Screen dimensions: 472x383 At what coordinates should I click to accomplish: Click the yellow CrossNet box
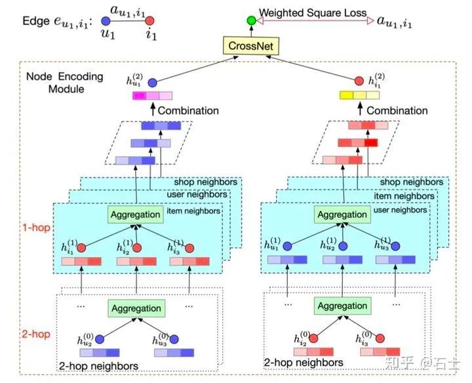251,46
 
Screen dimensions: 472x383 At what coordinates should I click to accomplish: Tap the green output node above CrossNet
251,20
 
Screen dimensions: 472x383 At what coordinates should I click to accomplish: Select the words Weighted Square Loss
313,12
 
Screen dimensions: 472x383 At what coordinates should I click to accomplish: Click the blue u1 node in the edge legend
106,21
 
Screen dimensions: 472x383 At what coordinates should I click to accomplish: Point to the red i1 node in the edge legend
149,21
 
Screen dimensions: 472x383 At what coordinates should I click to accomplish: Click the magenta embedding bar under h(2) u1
153,96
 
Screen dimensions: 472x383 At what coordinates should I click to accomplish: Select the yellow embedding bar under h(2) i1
359,95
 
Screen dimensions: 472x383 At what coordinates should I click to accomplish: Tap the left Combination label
188,110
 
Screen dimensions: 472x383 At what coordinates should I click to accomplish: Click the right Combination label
397,110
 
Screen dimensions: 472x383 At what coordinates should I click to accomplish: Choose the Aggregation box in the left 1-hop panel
136,214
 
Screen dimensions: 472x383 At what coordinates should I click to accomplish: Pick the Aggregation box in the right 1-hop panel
342,214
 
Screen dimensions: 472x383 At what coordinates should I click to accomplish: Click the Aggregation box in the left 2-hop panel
136,308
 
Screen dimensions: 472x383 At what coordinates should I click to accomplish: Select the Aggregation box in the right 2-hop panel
343,306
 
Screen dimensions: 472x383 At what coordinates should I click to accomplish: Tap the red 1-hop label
37,228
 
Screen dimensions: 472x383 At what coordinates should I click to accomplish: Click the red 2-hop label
36,334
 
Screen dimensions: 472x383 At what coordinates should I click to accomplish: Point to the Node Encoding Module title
65,83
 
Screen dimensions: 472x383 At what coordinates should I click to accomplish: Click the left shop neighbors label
206,182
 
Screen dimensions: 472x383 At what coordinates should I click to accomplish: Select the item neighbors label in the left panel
193,211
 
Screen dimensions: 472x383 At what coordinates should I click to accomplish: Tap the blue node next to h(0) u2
100,340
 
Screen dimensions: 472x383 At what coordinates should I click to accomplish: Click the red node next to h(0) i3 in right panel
380,338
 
